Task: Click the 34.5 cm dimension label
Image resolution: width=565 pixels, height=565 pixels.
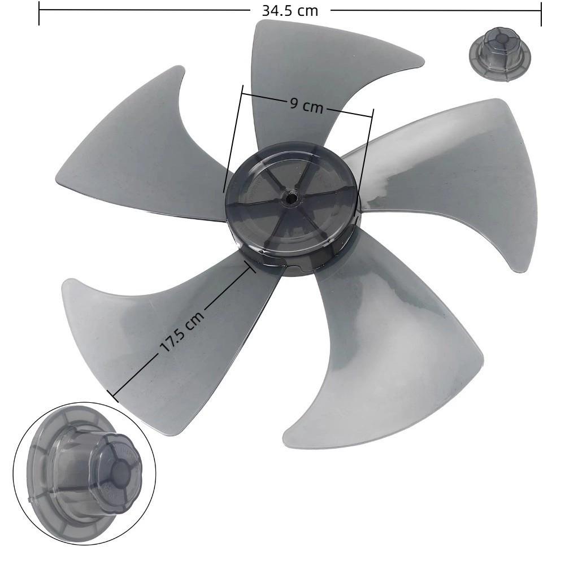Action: click(290, 10)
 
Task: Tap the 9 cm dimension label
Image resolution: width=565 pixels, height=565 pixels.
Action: click(306, 105)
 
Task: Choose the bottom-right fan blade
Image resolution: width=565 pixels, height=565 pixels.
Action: click(384, 350)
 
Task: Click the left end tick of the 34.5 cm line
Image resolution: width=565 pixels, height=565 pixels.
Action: click(39, 14)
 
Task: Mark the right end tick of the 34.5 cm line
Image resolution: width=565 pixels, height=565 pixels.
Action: click(541, 14)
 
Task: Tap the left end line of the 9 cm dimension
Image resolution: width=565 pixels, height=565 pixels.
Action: click(233, 138)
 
